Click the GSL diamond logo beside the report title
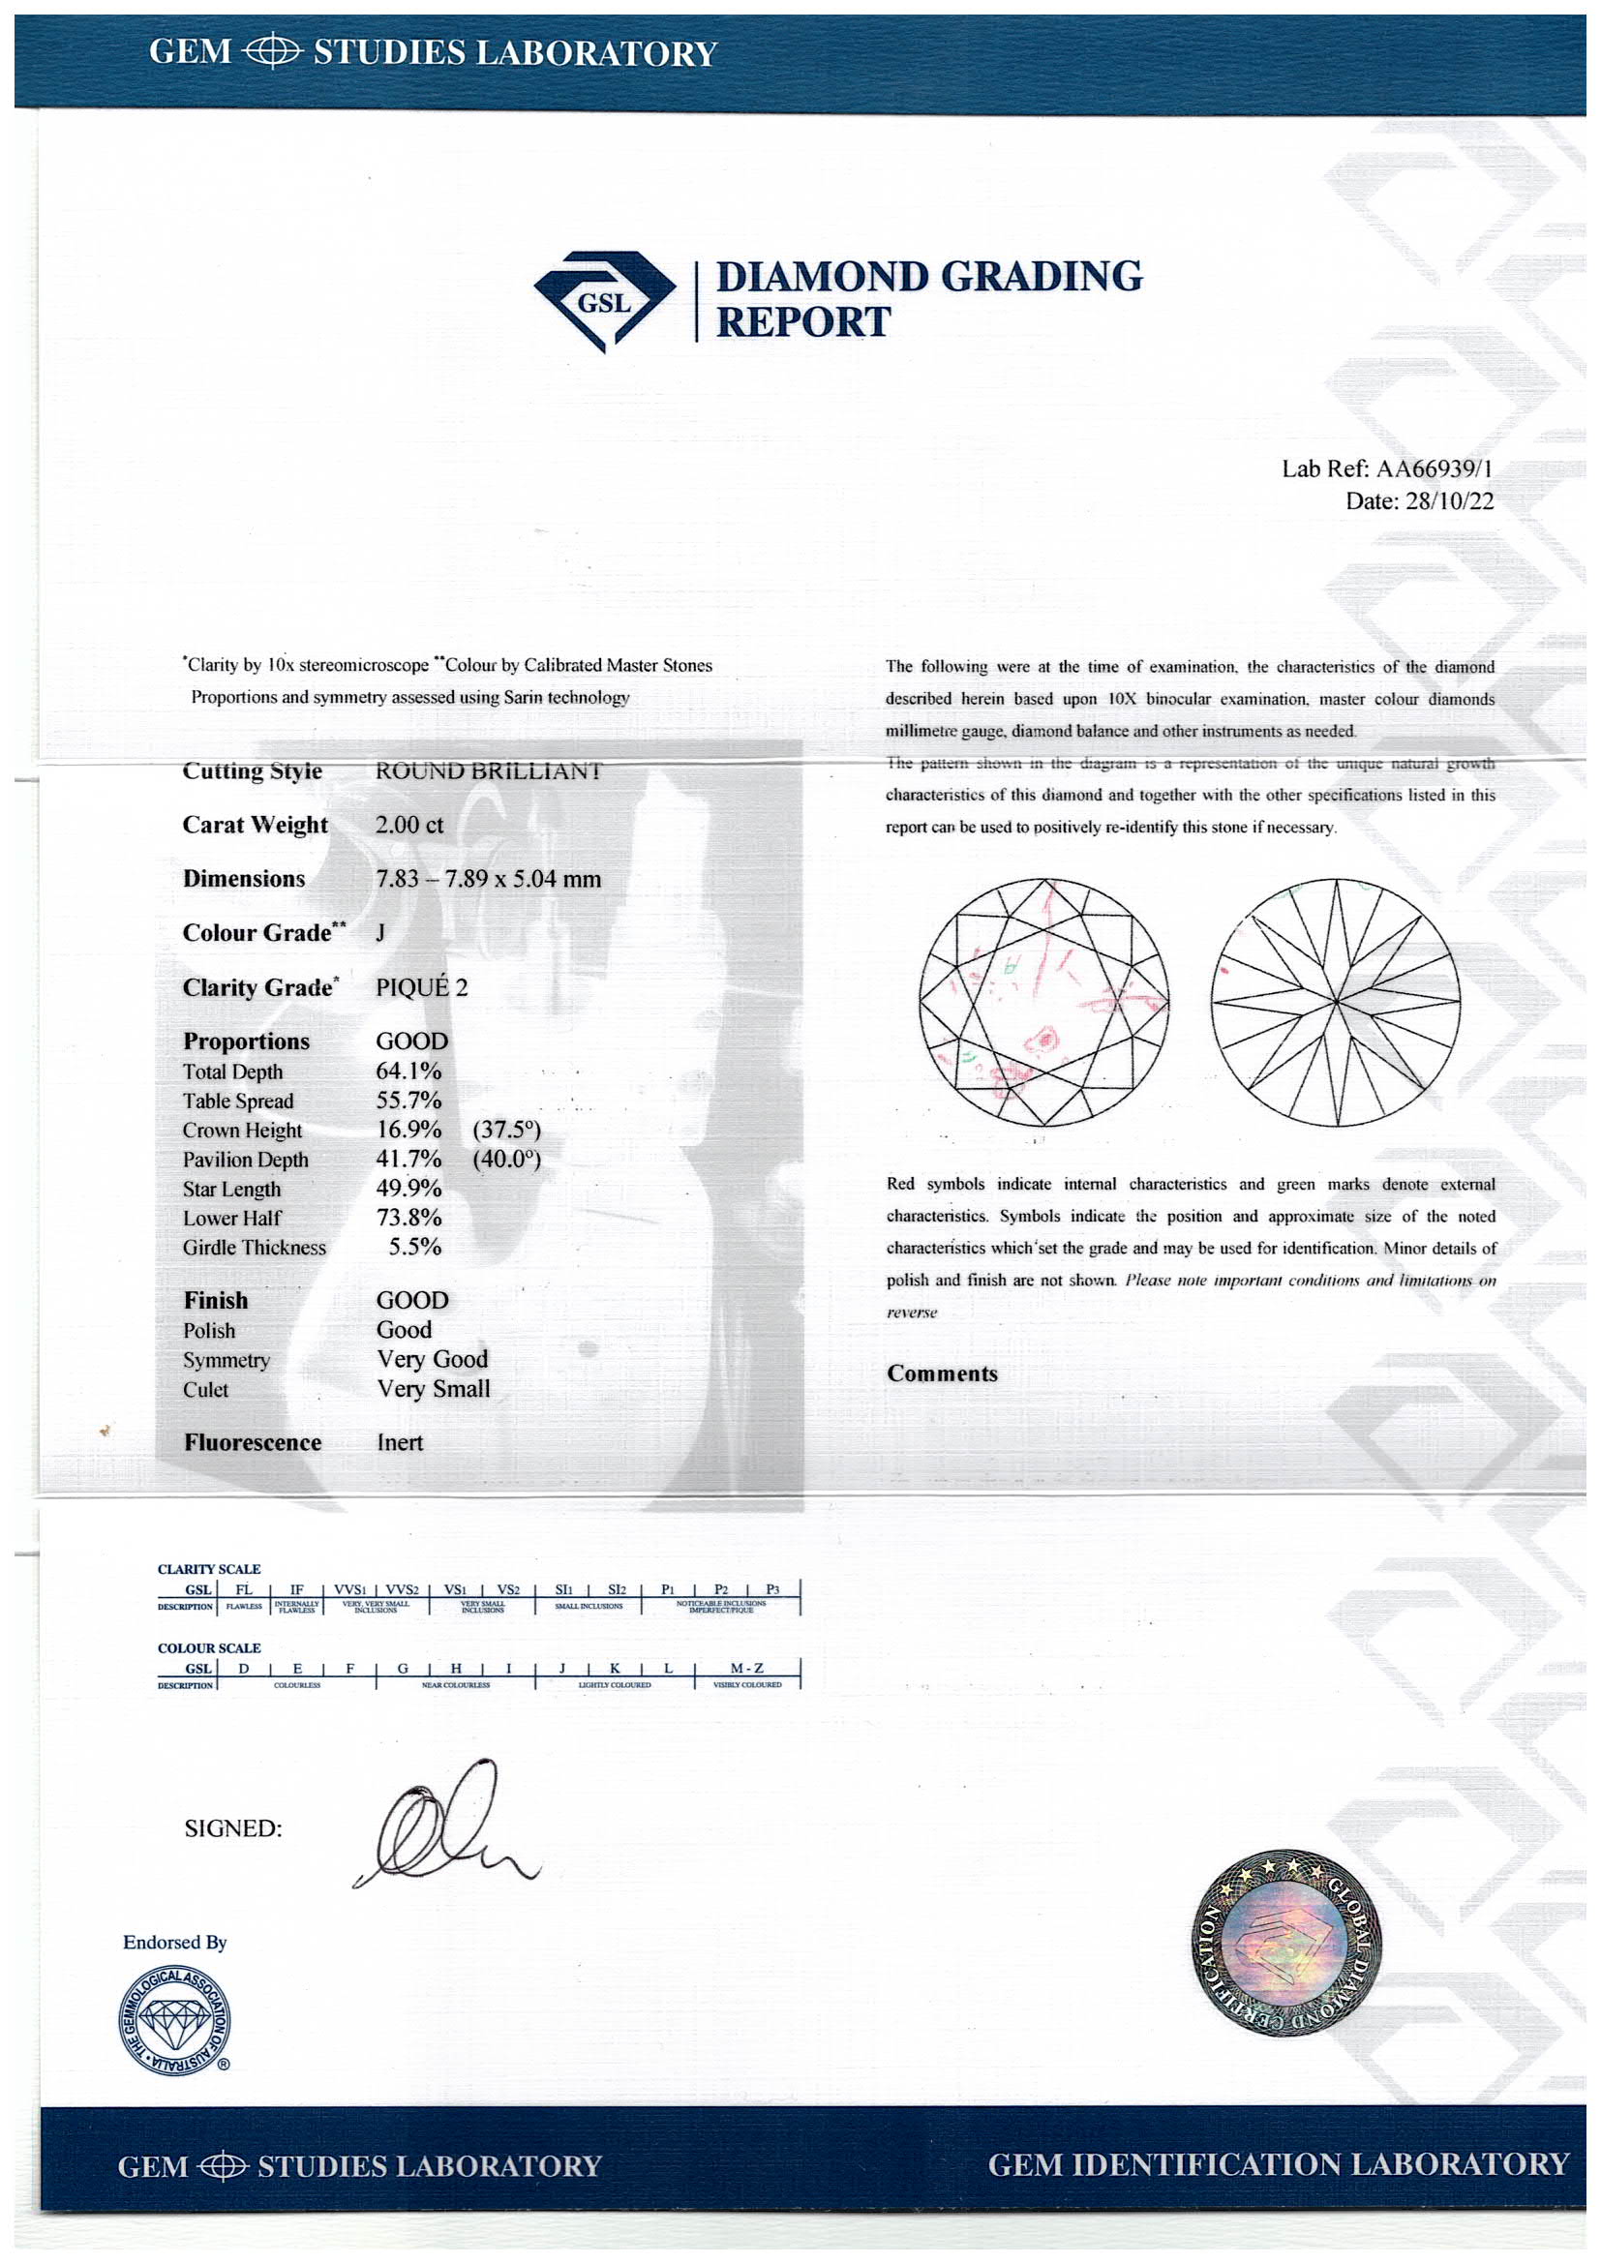604,301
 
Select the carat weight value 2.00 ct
409,825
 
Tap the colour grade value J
380,933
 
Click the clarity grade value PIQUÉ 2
422,987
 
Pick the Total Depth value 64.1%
408,1071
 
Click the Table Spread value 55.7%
408,1101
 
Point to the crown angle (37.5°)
506,1130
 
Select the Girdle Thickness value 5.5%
414,1247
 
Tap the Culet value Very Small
433,1388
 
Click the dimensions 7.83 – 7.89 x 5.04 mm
488,879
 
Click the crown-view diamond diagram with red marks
1043,1002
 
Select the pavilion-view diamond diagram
1335,1002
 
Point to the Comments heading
942,1373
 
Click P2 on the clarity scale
721,1589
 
